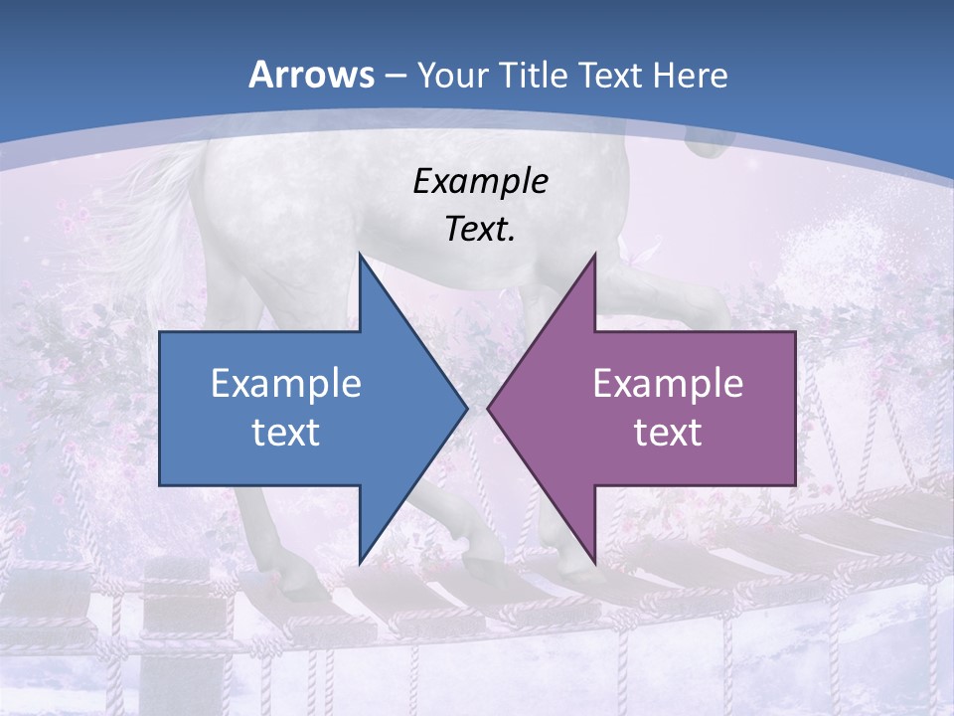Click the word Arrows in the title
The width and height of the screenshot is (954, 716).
click(x=310, y=75)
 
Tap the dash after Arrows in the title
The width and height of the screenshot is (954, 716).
click(x=393, y=76)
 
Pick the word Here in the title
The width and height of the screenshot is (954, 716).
click(x=690, y=76)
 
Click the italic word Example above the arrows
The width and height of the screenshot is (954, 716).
click(x=480, y=181)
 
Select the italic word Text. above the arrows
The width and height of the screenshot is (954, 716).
click(x=480, y=230)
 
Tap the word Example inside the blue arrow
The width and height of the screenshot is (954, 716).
click(x=286, y=383)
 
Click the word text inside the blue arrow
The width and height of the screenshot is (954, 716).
click(x=286, y=433)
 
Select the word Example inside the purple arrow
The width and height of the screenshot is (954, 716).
click(x=668, y=383)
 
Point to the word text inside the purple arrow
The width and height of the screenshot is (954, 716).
click(x=668, y=433)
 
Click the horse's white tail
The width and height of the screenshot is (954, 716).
click(x=149, y=214)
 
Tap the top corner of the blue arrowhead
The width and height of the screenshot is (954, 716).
click(x=360, y=255)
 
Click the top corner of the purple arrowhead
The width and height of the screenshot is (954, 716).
click(x=594, y=255)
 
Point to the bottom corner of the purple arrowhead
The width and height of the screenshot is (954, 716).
click(x=594, y=561)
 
